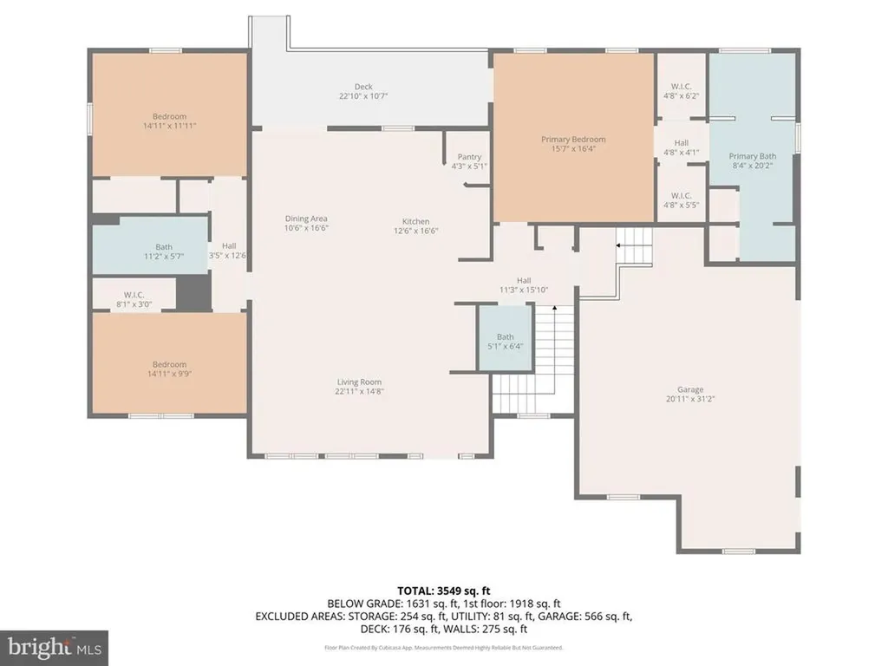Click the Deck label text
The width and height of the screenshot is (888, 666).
362,87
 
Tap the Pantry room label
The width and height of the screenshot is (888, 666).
469,157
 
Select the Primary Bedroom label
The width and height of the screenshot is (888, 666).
573,140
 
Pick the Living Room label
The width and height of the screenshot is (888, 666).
359,382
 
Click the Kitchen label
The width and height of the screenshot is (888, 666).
415,222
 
